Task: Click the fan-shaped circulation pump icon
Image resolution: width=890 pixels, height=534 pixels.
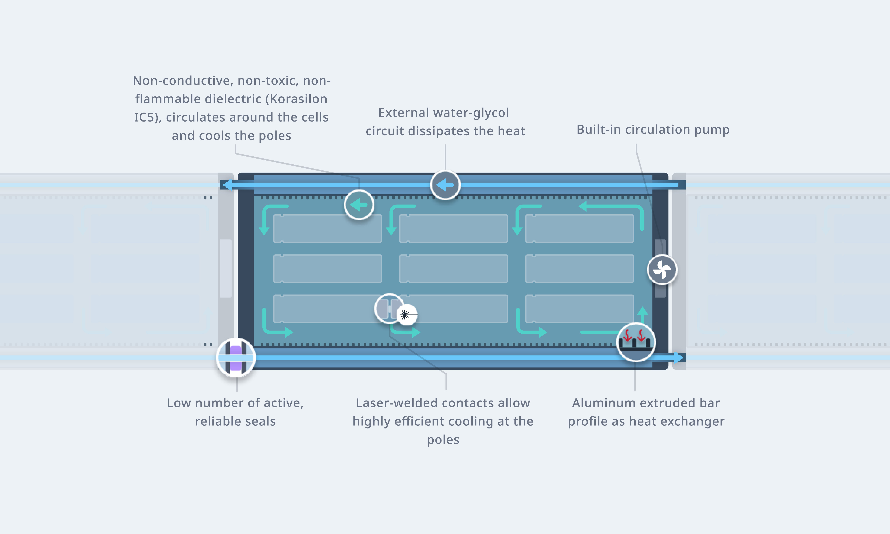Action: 662,269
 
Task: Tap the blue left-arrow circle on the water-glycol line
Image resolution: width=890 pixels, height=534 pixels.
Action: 445,185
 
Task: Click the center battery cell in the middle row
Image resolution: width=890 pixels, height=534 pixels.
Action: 453,268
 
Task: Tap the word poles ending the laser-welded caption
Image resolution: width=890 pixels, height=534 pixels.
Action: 443,440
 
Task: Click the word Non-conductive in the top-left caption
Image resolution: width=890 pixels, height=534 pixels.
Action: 182,81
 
